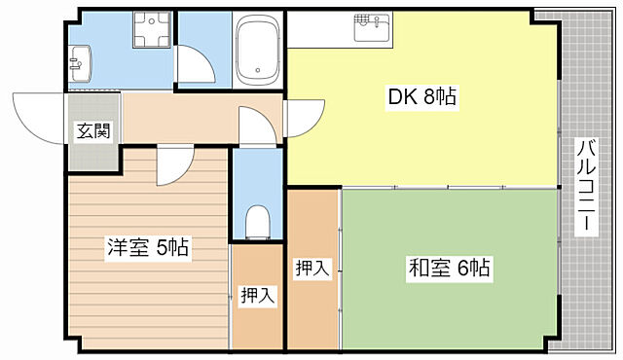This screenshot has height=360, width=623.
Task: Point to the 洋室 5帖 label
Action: pos(148,247)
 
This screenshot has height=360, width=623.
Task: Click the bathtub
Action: pos(258,50)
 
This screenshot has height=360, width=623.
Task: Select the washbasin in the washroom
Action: pos(79,64)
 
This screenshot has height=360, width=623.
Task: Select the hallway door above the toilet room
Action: pos(255,126)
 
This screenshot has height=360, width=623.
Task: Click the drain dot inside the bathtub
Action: pos(258,69)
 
